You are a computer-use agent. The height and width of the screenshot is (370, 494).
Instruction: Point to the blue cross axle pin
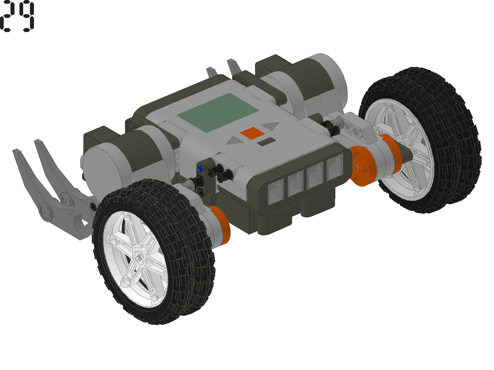pyautogui.click(x=201, y=168)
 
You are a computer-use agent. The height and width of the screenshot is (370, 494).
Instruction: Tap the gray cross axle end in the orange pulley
pyautogui.click(x=357, y=167)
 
